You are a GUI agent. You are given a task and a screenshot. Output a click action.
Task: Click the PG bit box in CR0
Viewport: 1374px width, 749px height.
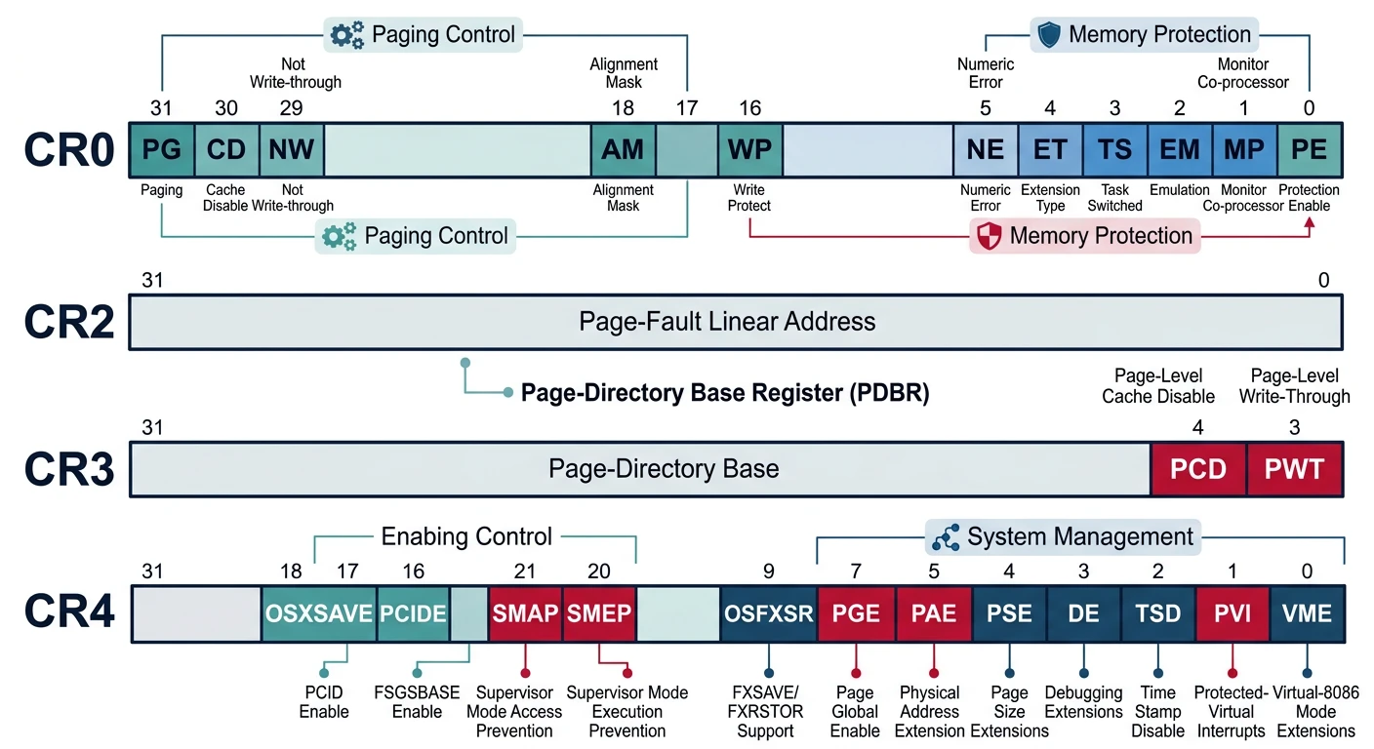point(162,149)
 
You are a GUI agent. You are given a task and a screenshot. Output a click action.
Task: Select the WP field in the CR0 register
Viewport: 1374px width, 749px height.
point(749,149)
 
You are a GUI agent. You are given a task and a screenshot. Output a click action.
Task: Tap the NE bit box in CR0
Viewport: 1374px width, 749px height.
point(985,149)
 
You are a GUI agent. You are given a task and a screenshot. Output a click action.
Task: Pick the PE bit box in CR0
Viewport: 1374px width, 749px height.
point(1309,149)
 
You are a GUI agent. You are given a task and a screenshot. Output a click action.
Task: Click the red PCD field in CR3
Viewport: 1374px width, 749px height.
point(1197,469)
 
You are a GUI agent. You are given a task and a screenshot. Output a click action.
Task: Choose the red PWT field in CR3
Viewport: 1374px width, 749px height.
point(1294,469)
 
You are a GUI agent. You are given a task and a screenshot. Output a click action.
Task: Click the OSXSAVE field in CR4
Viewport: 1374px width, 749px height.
point(319,613)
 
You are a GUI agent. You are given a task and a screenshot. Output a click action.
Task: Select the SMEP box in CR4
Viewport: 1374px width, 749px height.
point(599,613)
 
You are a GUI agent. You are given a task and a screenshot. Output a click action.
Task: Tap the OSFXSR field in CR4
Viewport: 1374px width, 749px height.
point(768,613)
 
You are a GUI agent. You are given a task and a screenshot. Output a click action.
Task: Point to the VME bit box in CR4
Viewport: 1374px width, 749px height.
point(1307,613)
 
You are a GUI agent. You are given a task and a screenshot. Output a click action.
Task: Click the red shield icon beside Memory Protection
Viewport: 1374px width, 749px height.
point(990,236)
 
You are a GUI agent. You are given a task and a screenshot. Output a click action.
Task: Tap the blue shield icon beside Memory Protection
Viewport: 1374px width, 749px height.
point(1049,35)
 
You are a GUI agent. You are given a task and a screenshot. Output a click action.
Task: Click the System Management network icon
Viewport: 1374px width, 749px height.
point(946,537)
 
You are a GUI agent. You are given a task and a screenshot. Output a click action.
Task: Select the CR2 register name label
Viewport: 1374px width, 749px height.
point(69,322)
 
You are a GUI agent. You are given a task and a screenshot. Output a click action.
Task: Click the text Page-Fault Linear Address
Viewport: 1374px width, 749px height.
point(727,322)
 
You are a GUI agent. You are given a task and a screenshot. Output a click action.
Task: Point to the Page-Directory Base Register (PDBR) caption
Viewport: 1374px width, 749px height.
point(724,393)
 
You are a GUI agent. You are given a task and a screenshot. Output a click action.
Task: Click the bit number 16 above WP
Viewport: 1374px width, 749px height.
point(749,108)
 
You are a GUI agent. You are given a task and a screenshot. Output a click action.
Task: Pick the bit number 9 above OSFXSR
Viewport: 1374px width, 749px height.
point(768,572)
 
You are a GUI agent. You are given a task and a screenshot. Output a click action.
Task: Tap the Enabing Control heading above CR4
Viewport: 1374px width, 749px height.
point(466,537)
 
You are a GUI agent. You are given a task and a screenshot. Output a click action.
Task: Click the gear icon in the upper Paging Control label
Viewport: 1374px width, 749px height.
point(346,35)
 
